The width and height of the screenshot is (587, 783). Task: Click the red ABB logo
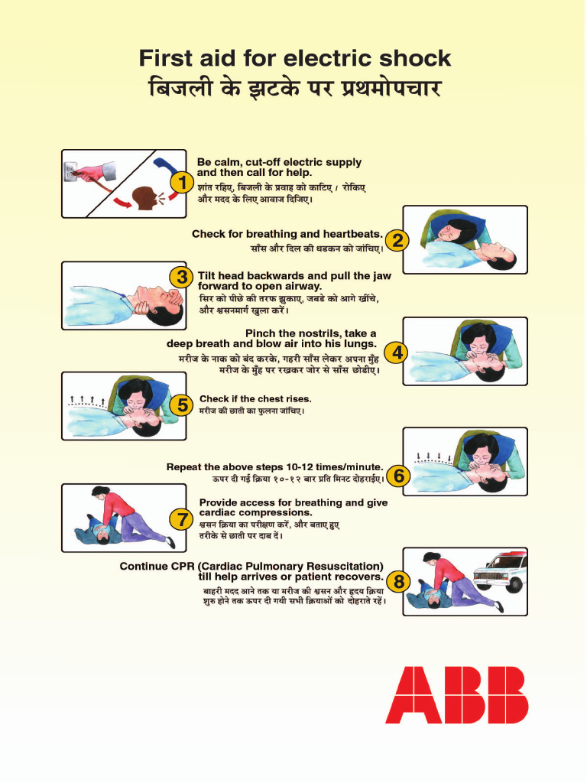456,694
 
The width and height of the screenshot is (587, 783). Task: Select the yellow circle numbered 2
397,241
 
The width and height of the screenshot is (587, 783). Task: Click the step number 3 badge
181,277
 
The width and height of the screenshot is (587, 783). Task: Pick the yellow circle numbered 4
397,353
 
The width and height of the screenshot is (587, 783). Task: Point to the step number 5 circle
181,406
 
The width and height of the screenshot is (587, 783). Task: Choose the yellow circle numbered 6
397,476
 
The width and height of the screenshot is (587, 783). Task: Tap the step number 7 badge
181,520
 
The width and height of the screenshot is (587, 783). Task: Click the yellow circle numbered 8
397,582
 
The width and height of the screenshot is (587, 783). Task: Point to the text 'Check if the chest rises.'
255,398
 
